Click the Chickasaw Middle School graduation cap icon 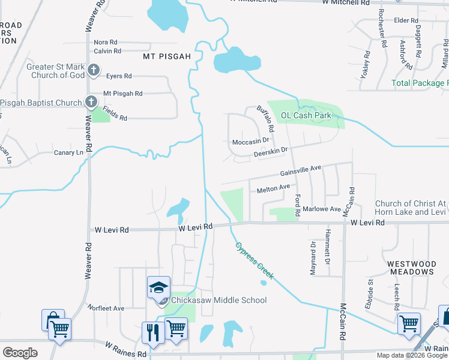[158, 287]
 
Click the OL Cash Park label [306, 115]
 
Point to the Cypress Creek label [255, 261]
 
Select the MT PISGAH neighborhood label [166, 56]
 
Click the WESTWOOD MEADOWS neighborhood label [411, 268]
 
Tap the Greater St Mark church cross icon [93, 71]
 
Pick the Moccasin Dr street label [250, 142]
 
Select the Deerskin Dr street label [271, 153]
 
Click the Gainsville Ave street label [301, 171]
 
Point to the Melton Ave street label [273, 189]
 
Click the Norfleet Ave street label [106, 308]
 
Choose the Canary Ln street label [68, 153]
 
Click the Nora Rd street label [106, 43]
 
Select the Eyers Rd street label [118, 76]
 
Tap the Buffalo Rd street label [265, 119]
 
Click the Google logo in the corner [20, 352]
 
